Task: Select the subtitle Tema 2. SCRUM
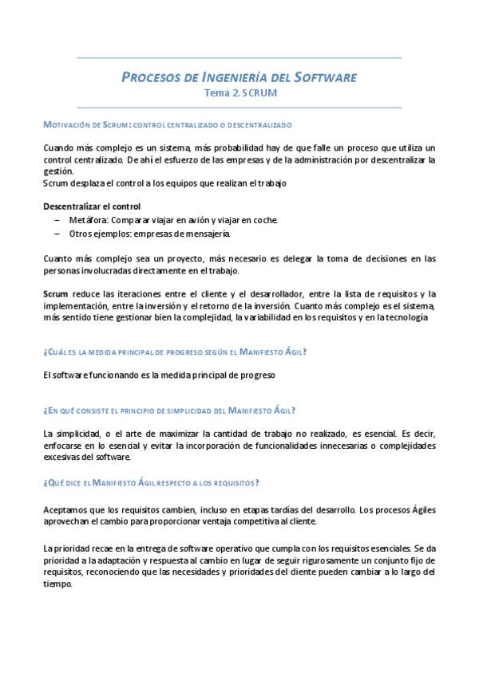click(239, 92)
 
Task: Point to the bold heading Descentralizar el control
click(92, 206)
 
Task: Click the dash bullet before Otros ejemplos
click(57, 234)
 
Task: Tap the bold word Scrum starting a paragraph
click(55, 294)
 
